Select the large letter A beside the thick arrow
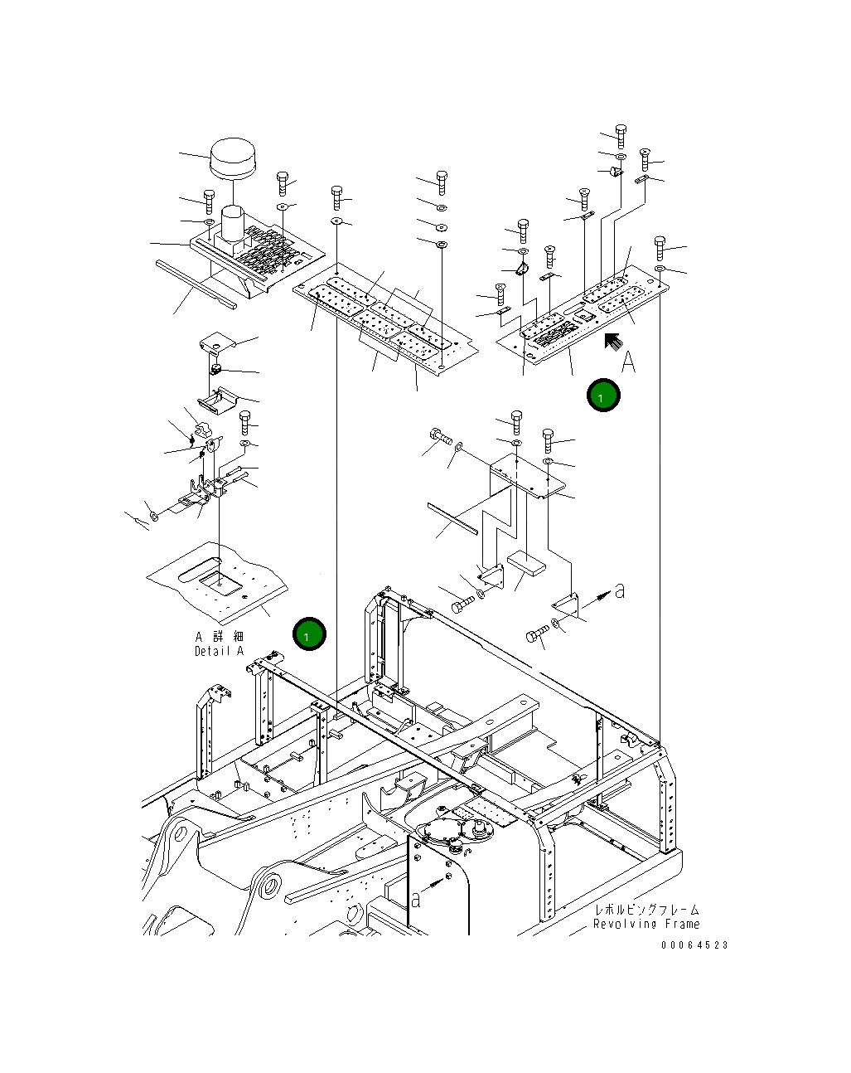(x=629, y=362)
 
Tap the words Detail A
(x=219, y=651)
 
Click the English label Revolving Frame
(x=646, y=924)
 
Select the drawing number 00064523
(x=694, y=945)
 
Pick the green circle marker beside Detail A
(x=309, y=634)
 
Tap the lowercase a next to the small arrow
(x=620, y=590)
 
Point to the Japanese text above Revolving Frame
(x=646, y=910)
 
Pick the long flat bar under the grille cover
(x=196, y=284)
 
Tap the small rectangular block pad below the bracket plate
(x=527, y=564)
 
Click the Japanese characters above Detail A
(x=220, y=637)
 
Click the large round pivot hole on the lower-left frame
(x=270, y=886)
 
